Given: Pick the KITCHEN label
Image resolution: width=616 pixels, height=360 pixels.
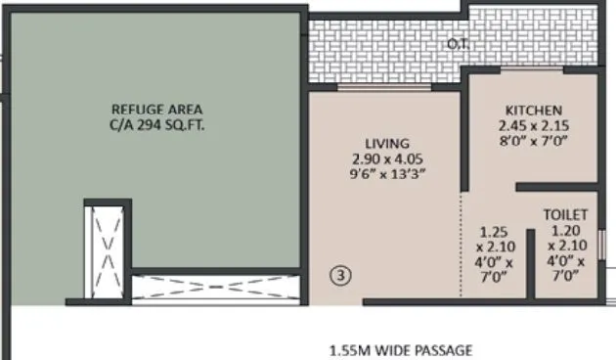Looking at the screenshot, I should click(533, 110).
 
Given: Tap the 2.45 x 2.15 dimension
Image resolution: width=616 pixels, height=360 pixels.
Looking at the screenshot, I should click(533, 126).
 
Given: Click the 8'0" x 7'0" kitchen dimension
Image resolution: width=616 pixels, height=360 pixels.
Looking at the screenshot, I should click(533, 142).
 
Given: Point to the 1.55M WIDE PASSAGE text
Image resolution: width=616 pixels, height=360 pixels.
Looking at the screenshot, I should click(400, 349).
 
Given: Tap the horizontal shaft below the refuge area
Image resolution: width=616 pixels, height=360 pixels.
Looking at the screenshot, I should click(215, 287).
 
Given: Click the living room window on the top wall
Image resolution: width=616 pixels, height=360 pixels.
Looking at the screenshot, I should click(385, 87).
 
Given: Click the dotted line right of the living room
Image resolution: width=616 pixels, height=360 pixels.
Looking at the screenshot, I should click(462, 245).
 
